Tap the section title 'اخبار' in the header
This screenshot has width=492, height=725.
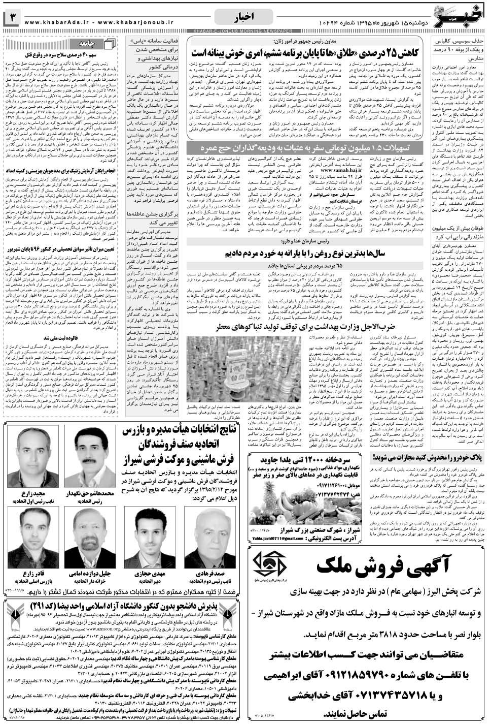click(x=249, y=17)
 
